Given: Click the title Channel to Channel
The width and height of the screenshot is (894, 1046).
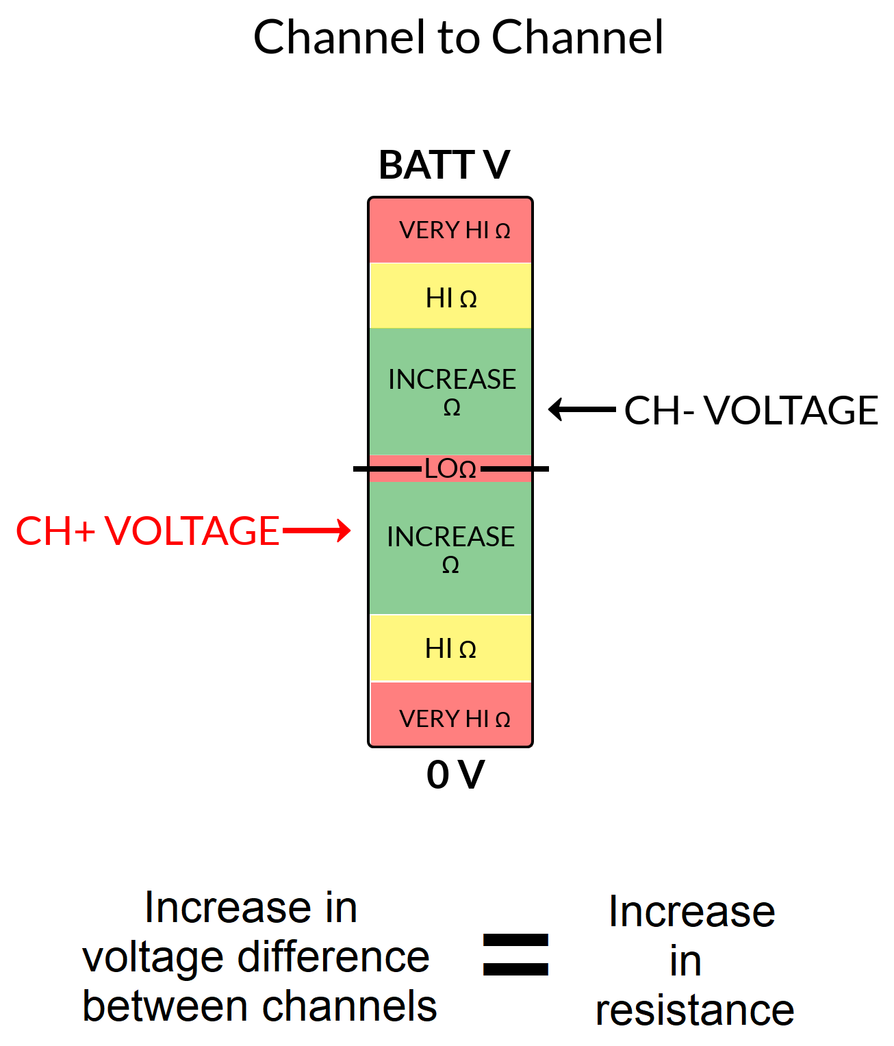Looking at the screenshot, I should point(458,37).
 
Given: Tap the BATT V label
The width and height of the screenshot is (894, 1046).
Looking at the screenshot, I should point(444,165).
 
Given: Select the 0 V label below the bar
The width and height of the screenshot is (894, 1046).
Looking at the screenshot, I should point(455,775).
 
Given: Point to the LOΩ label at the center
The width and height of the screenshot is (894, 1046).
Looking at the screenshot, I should point(450,469).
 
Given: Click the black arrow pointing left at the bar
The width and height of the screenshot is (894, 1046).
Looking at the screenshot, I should point(582,409).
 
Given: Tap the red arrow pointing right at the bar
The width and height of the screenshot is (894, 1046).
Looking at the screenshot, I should point(316,531).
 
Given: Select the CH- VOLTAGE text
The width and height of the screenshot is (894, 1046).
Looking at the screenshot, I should point(751,410).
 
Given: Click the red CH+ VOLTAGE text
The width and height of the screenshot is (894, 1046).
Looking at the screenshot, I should point(148,531).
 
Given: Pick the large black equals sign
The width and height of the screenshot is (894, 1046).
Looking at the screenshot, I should point(515,954).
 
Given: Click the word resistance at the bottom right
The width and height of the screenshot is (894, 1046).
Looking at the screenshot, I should point(695,1010).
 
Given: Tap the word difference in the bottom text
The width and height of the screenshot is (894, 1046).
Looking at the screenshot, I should point(333,957).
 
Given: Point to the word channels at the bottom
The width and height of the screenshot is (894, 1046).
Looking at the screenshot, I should point(350,1006).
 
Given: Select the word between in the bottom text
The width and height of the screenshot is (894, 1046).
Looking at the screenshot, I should point(165,1006).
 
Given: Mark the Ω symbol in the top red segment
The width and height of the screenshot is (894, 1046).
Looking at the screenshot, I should point(502,231).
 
